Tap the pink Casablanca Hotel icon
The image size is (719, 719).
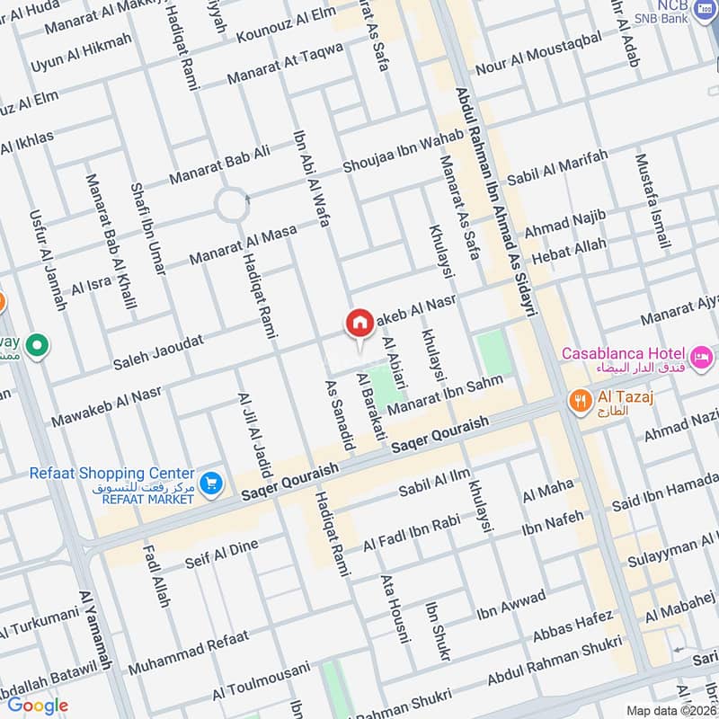701,353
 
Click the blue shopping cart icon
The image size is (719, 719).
211,484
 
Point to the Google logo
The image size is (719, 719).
37,706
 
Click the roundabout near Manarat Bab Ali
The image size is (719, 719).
232,207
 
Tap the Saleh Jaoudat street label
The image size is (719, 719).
158,351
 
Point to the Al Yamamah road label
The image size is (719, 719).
96,630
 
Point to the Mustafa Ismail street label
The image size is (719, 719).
652,201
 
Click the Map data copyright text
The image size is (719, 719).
670,710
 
